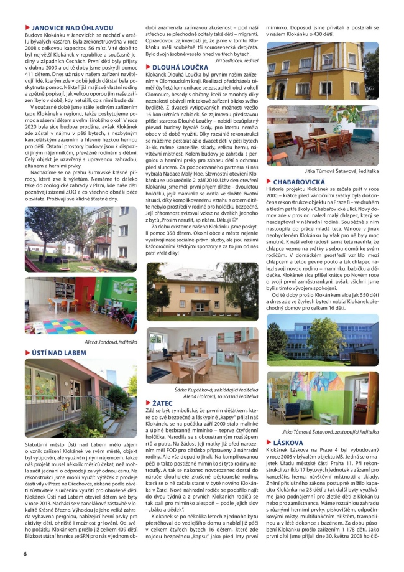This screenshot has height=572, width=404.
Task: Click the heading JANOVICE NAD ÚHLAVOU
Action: click(x=72, y=28)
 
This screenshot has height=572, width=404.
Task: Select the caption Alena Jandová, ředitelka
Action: click(x=110, y=342)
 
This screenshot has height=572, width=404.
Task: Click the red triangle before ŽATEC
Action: click(x=149, y=403)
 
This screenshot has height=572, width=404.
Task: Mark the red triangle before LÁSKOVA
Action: click(x=269, y=443)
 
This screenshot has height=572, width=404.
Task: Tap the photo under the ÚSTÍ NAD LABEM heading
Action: click(x=80, y=398)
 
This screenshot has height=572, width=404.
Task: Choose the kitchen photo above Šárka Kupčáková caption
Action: click(x=202, y=355)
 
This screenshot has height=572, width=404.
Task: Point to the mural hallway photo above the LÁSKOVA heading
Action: click(x=322, y=398)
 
